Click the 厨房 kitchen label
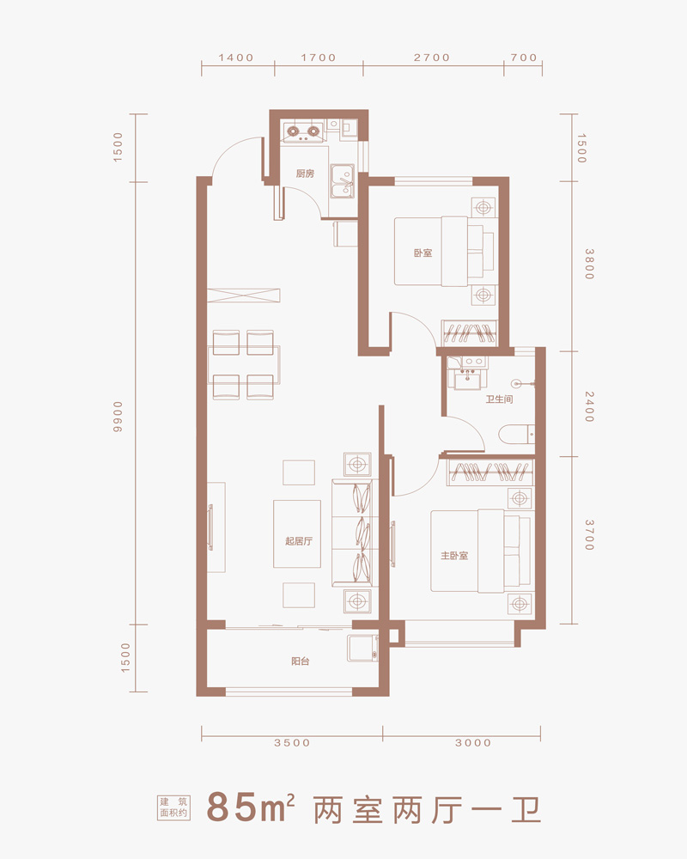pos(305,174)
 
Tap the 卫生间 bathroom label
pos(499,399)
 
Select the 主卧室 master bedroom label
pos(454,556)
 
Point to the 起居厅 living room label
pos(299,541)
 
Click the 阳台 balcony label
pos(301,661)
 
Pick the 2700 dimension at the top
pos(432,58)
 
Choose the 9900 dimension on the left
pos(119,417)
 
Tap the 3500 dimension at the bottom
pos(292,743)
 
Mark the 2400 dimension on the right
pos(589,406)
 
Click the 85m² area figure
pos(251,807)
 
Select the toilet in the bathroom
pos(517,435)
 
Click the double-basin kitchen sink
pos(342,180)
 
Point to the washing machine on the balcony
pos(362,648)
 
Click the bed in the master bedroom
pos(480,551)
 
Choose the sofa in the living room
pos(355,533)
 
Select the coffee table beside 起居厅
pos(297,533)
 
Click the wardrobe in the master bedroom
pos(489,472)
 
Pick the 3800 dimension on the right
pos(589,264)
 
